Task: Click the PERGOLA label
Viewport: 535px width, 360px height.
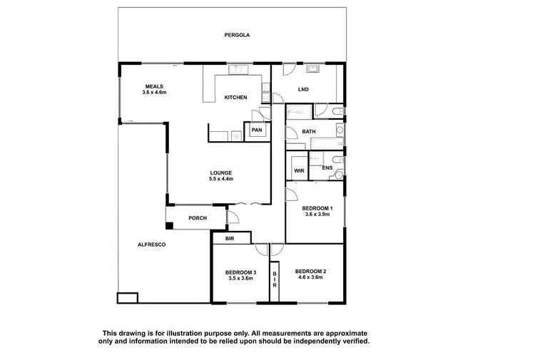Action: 236,34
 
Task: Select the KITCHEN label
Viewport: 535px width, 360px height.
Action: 235,98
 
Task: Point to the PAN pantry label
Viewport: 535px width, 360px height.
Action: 255,130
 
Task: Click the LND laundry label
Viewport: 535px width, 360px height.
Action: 303,89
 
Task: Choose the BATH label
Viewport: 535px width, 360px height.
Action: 309,132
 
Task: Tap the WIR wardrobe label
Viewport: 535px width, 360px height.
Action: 299,171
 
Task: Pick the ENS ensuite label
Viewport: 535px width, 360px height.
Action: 327,168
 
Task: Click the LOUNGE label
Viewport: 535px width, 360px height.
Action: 220,173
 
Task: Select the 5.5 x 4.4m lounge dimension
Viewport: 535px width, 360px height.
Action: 221,179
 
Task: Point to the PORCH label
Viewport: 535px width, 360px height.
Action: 198,218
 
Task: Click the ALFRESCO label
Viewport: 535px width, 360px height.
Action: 152,245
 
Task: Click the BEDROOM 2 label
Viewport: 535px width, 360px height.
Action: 310,272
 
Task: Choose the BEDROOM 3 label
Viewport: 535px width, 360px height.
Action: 240,272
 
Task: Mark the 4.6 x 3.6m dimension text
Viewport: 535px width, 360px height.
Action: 310,278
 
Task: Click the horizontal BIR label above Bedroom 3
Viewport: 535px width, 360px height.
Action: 230,238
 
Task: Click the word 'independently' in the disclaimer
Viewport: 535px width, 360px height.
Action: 310,341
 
